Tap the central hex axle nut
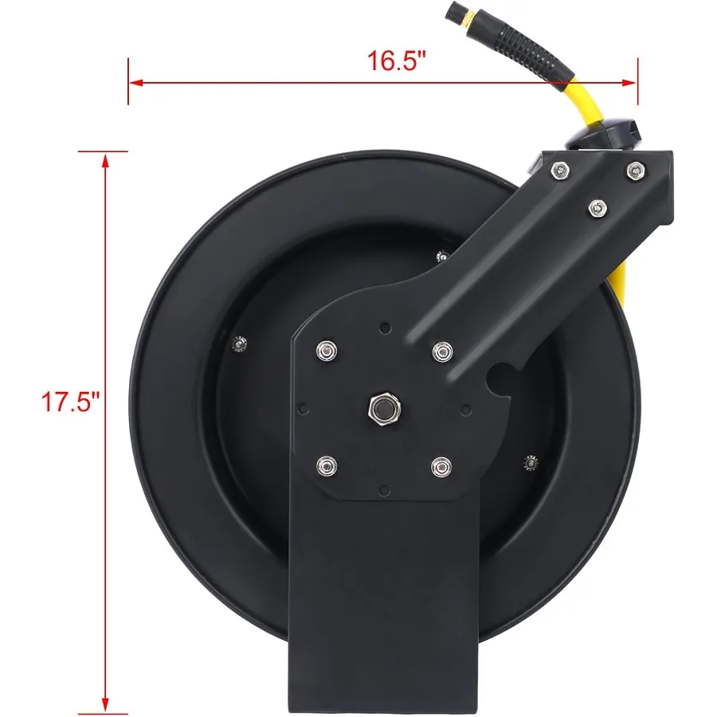tap(383, 409)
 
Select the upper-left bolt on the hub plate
tap(324, 351)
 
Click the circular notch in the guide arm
tap(501, 375)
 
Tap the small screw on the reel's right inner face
tap(530, 464)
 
